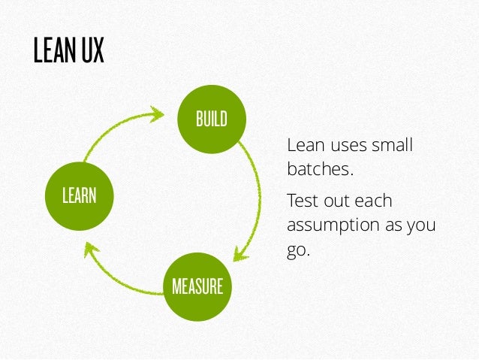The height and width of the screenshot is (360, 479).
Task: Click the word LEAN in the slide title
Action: click(x=52, y=51)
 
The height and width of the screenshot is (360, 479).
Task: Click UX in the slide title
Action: click(x=90, y=51)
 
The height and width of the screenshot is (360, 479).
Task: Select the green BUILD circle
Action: click(x=211, y=119)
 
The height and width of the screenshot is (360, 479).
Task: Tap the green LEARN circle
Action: click(x=79, y=195)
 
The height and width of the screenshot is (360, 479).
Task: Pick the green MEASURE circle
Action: click(x=197, y=286)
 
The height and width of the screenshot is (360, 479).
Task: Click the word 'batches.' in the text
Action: click(x=320, y=170)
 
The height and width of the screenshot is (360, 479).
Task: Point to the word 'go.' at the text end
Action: click(x=298, y=250)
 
